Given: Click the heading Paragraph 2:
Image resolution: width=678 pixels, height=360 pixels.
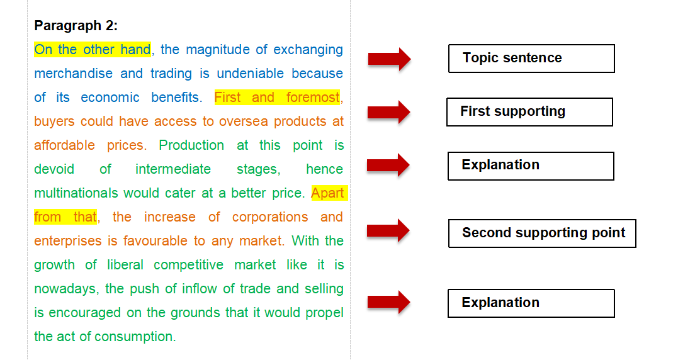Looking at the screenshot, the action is [76, 26].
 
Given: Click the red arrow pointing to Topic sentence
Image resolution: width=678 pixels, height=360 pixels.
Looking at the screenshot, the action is [389, 59].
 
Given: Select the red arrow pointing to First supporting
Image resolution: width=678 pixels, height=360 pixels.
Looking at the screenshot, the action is [388, 113].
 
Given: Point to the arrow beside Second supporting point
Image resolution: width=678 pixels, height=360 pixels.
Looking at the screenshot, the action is [388, 231].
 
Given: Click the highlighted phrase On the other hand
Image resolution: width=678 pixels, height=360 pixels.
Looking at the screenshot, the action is [93, 50].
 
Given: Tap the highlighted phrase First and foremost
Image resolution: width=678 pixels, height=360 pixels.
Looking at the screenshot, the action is [277, 98].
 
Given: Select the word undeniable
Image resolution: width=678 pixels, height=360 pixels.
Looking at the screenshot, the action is [251, 74].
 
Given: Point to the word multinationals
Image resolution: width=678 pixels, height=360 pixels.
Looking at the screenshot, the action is [76, 193].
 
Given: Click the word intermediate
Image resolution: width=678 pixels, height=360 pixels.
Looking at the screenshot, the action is [173, 169].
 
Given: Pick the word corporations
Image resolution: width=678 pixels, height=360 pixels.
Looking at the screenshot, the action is [270, 217].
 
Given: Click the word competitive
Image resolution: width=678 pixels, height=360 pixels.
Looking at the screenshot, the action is [188, 265].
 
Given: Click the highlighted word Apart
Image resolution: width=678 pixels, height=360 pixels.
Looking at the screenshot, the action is [327, 193].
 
